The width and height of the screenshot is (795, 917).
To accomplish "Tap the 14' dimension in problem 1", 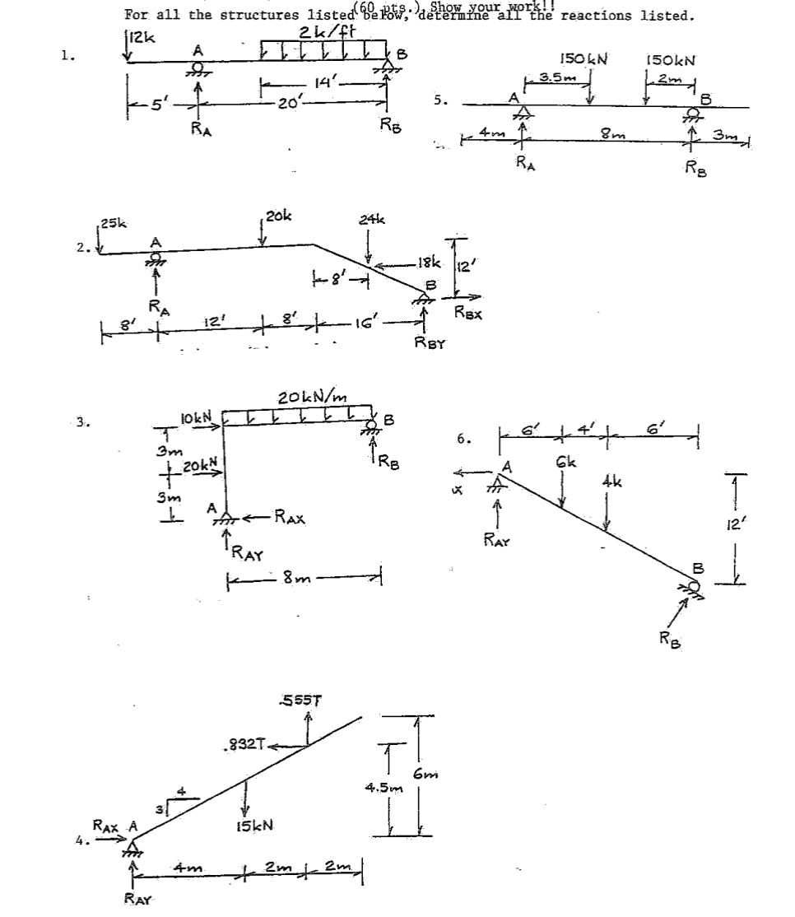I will [323, 81].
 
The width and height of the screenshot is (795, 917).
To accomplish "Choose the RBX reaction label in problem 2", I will [470, 312].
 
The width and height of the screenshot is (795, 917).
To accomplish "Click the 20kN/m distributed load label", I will [313, 398].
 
